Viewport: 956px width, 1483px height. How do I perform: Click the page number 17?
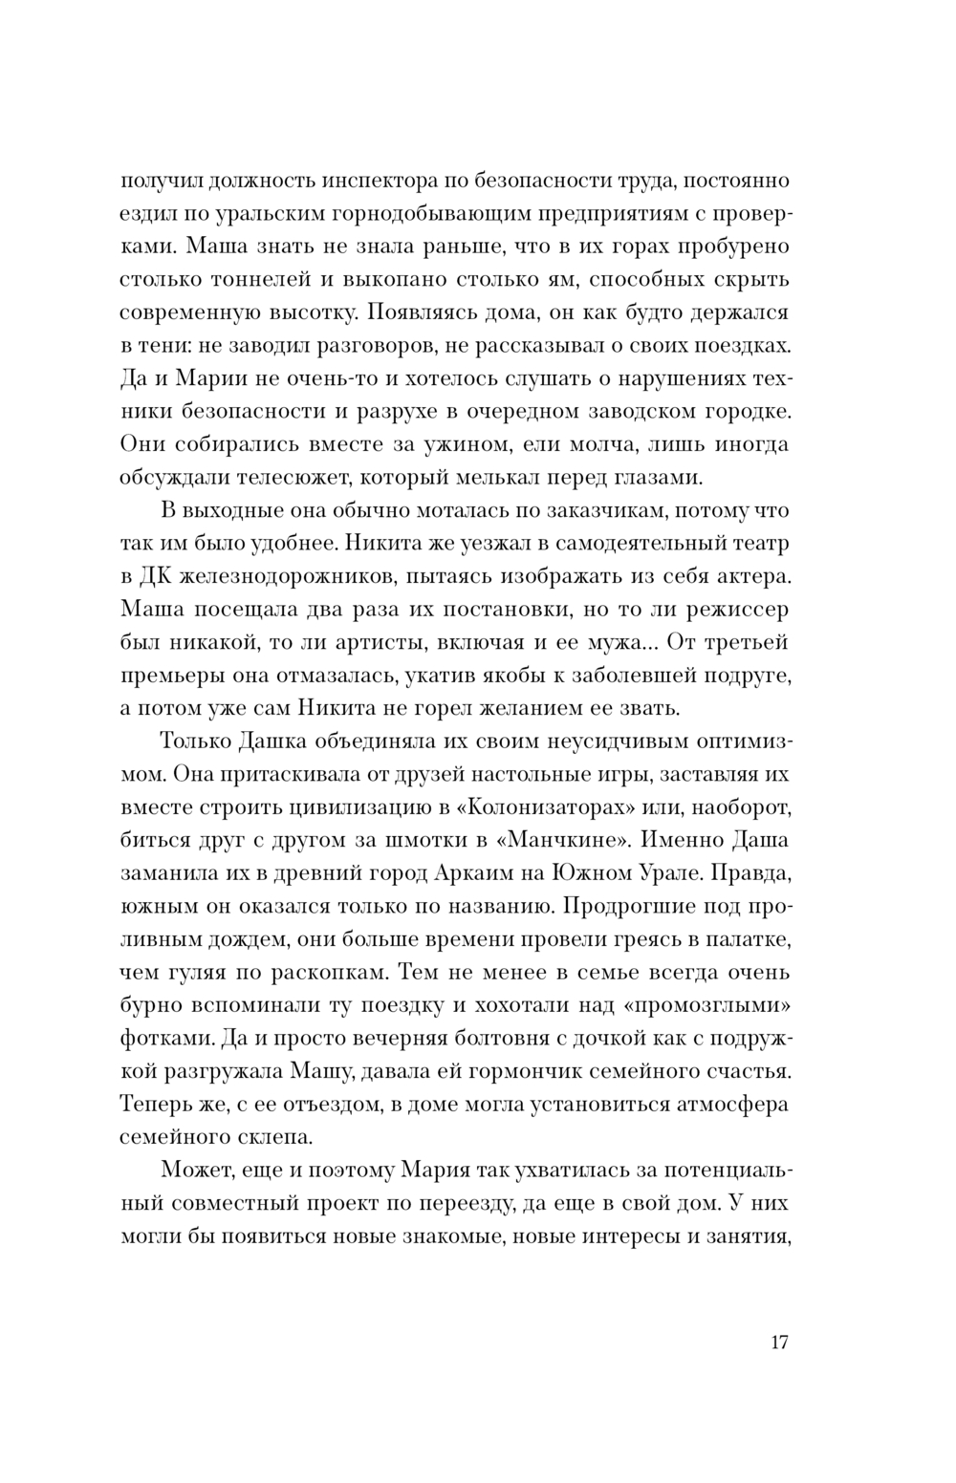(778, 1343)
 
